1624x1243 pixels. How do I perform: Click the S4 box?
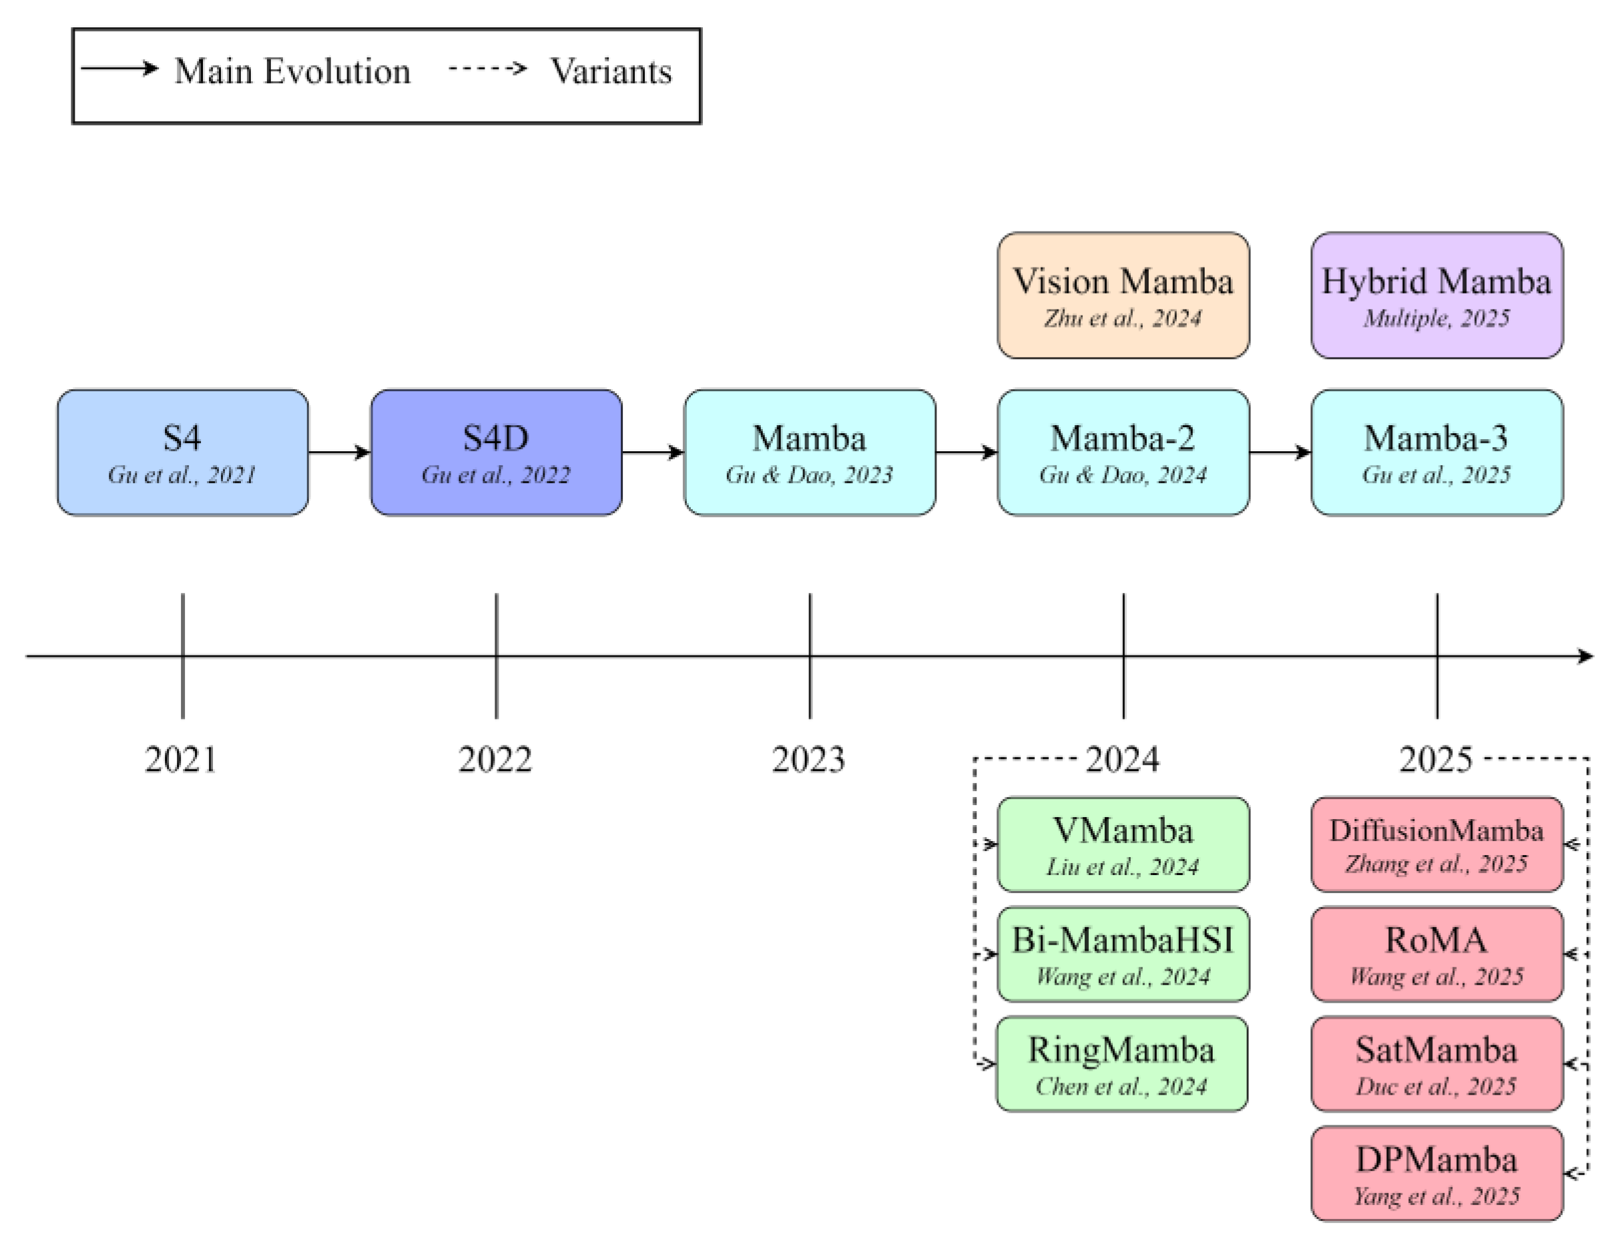[183, 452]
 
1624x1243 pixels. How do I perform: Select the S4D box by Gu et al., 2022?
[496, 452]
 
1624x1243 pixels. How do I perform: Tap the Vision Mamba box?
[1122, 295]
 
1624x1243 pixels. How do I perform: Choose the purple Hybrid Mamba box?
[1436, 295]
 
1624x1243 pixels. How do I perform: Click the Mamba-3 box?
[1436, 452]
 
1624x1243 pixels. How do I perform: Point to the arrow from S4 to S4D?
[339, 452]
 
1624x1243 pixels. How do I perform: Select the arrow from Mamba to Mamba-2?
[966, 452]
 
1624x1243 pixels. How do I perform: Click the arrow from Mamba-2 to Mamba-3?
[1279, 452]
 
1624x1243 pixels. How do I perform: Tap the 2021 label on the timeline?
[181, 760]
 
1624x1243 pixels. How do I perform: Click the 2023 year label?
[808, 760]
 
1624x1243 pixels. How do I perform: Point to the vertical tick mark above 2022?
[497, 655]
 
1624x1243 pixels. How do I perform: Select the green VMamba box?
[1122, 844]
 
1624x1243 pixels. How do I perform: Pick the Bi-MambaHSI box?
[1122, 954]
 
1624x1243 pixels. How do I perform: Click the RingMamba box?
[1121, 1063]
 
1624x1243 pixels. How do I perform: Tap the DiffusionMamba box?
[1436, 844]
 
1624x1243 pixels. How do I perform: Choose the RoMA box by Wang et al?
[1436, 954]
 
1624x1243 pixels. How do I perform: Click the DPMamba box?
[1436, 1173]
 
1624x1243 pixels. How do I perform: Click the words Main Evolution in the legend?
[292, 72]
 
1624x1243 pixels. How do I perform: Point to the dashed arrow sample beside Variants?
[489, 69]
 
